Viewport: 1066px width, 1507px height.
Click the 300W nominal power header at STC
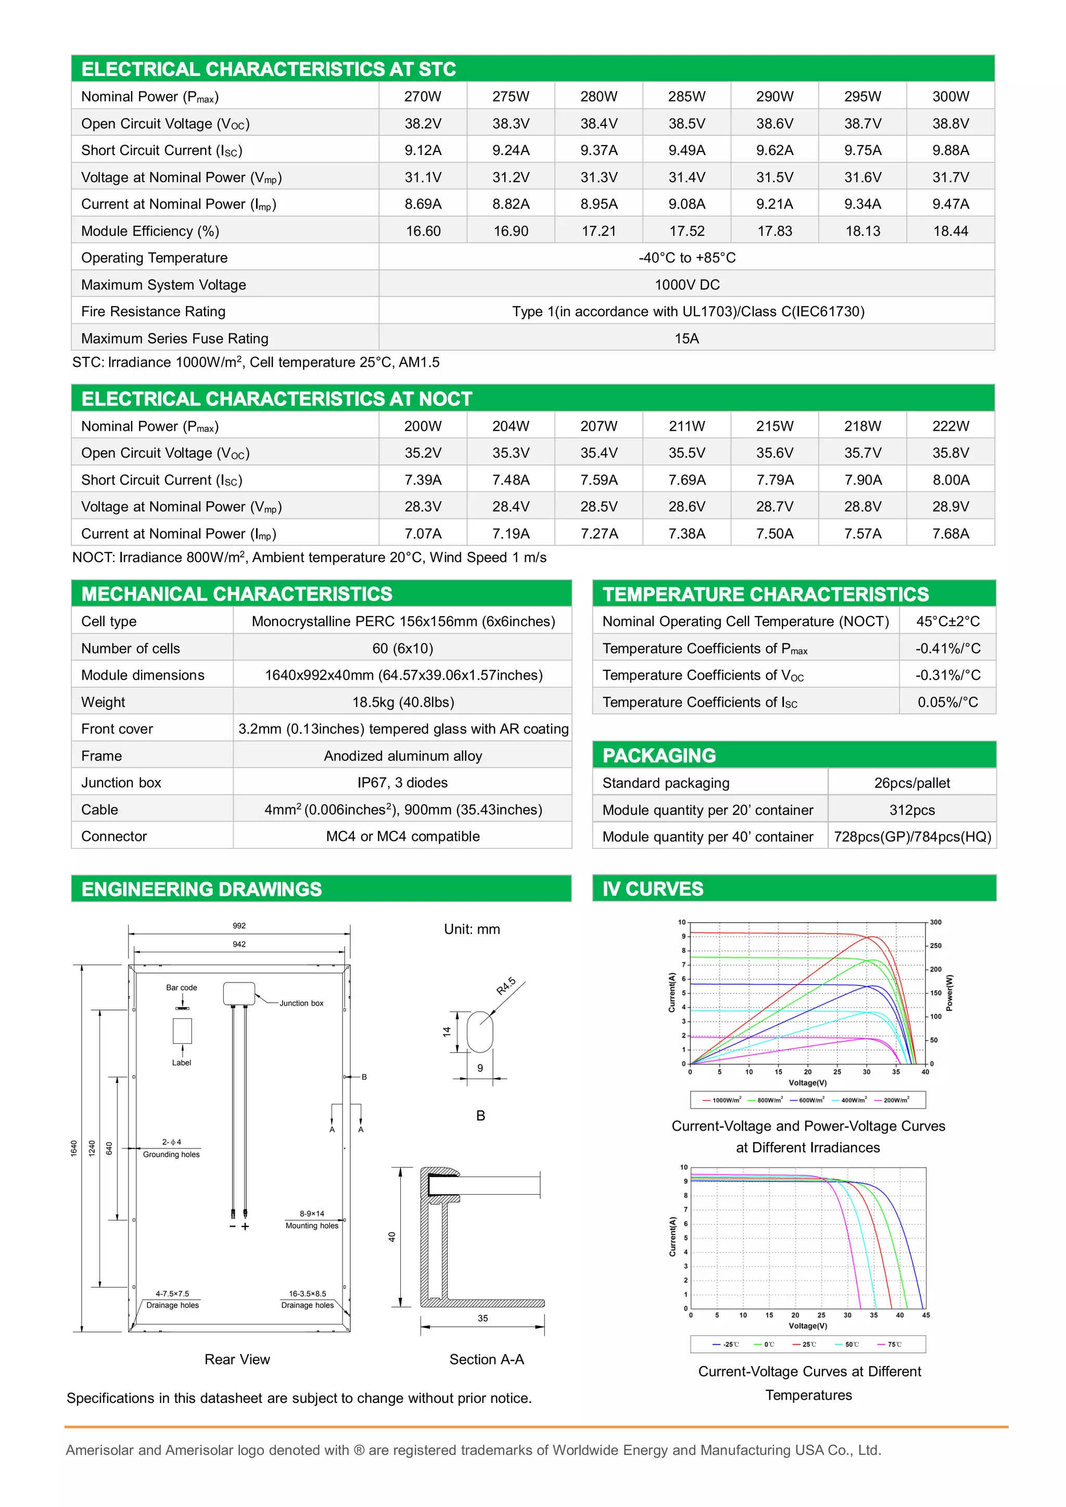point(950,96)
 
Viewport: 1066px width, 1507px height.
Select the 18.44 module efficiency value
point(950,231)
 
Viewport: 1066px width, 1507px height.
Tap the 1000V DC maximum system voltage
point(687,285)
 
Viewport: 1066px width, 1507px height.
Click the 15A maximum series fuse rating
point(687,339)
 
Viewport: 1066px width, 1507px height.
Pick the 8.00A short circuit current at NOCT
point(950,480)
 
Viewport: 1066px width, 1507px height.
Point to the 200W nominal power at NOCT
point(423,426)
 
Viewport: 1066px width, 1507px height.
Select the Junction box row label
point(121,782)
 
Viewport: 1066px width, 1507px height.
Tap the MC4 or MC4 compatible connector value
point(402,836)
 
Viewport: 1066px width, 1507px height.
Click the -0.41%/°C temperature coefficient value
point(947,648)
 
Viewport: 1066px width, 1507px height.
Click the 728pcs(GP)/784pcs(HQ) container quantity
point(912,837)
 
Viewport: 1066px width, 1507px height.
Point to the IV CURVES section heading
point(653,889)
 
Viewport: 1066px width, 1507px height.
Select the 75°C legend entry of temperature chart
point(893,1344)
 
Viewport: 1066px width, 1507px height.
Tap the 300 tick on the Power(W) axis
point(935,922)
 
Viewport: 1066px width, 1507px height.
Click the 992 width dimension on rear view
point(239,925)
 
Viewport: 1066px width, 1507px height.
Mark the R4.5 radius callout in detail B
point(505,986)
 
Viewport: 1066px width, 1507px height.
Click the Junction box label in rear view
point(301,1003)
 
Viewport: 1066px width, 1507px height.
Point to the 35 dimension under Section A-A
point(483,1318)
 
